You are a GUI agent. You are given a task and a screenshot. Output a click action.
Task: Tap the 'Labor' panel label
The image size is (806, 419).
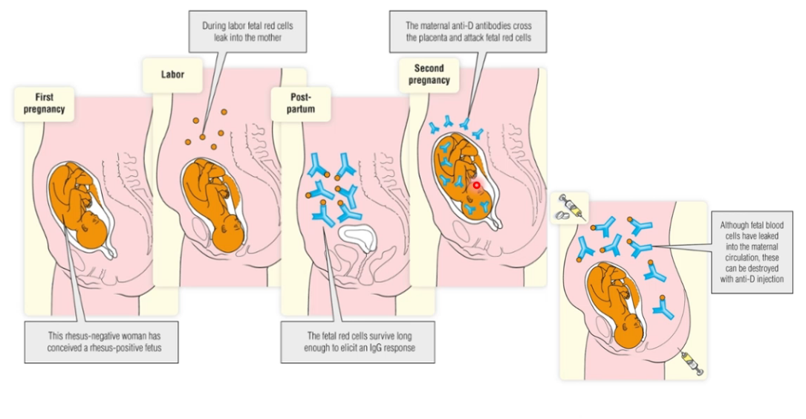tap(172, 74)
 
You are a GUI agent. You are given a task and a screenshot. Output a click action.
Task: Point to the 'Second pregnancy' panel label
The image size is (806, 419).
tap(429, 74)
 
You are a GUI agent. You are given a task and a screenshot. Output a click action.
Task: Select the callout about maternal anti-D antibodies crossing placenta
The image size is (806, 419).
tap(467, 31)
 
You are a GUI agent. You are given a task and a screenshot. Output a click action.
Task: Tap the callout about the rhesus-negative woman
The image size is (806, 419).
tap(101, 342)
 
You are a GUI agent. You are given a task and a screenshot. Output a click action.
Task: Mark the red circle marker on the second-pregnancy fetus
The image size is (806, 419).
tap(477, 185)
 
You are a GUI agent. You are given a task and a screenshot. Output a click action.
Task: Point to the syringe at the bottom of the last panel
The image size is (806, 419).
tap(692, 364)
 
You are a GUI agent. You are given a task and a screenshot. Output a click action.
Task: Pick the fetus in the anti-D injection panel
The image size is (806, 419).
tap(620, 305)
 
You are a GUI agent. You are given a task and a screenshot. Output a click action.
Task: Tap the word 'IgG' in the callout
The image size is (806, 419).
tap(390, 348)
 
